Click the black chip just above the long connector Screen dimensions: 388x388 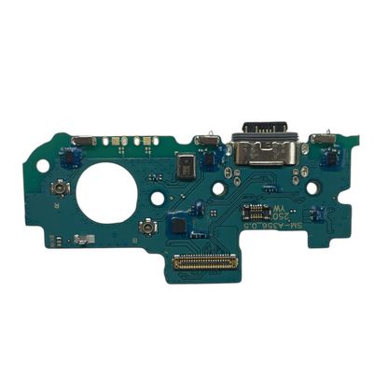[175, 224]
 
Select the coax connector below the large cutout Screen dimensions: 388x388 [147, 229]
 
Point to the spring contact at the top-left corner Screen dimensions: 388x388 [81, 141]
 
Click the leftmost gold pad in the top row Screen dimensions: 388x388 [107, 142]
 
